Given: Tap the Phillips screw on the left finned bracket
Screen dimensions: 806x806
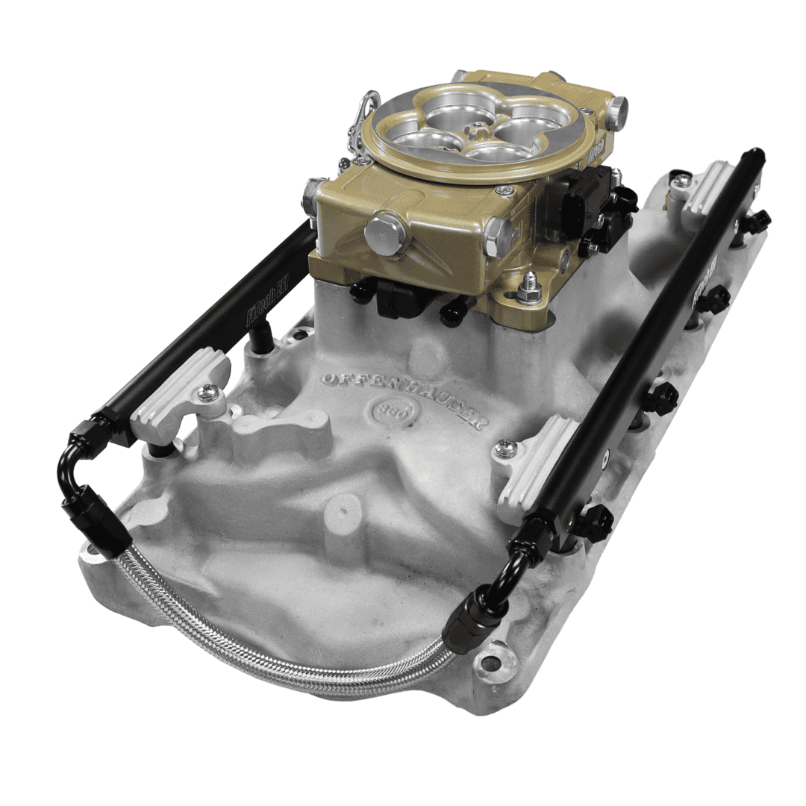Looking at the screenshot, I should click(x=208, y=392).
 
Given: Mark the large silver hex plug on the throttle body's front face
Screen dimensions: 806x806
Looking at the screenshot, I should click(x=385, y=232).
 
